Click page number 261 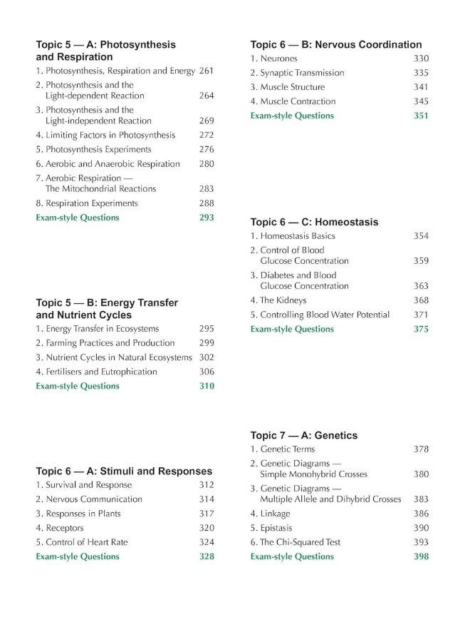coord(207,71)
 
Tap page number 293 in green coord(207,218)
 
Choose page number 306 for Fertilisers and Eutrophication coord(207,372)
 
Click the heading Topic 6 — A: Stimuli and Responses coord(124,471)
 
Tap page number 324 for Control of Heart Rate coord(207,542)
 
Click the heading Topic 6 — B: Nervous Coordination coord(336,45)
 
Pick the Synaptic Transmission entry coord(297,73)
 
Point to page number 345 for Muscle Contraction coord(421,101)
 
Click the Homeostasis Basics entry coord(292,236)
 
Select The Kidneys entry coord(273,300)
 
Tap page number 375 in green coord(421,329)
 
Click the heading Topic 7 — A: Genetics coord(304,435)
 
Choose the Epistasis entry coord(270,528)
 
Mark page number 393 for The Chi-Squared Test coord(421,542)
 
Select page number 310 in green coord(207,386)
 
